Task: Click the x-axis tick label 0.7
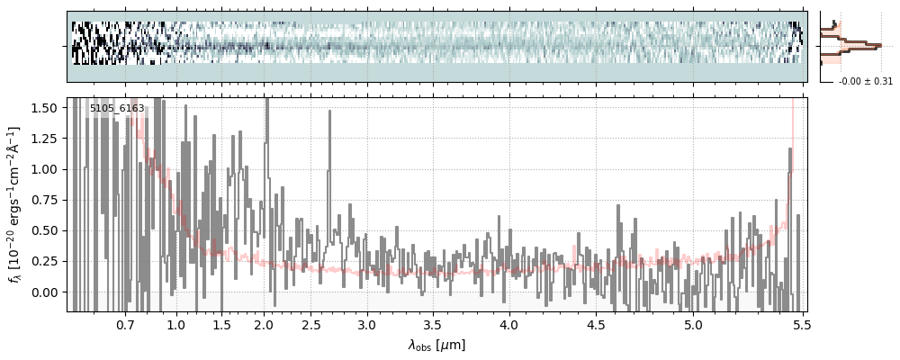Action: [125, 324]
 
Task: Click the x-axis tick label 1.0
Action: [176, 324]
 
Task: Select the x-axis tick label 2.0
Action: [264, 324]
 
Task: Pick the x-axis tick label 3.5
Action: [432, 324]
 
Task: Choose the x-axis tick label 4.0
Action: [508, 324]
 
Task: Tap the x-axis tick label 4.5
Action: [599, 324]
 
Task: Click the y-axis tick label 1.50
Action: [44, 108]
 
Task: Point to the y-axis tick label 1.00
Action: [44, 169]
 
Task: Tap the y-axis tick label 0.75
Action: [44, 200]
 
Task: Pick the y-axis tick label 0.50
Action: [44, 230]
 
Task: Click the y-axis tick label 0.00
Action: [44, 292]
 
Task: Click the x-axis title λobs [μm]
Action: [436, 345]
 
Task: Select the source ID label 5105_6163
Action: [117, 109]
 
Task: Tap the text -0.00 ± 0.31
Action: [865, 82]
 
